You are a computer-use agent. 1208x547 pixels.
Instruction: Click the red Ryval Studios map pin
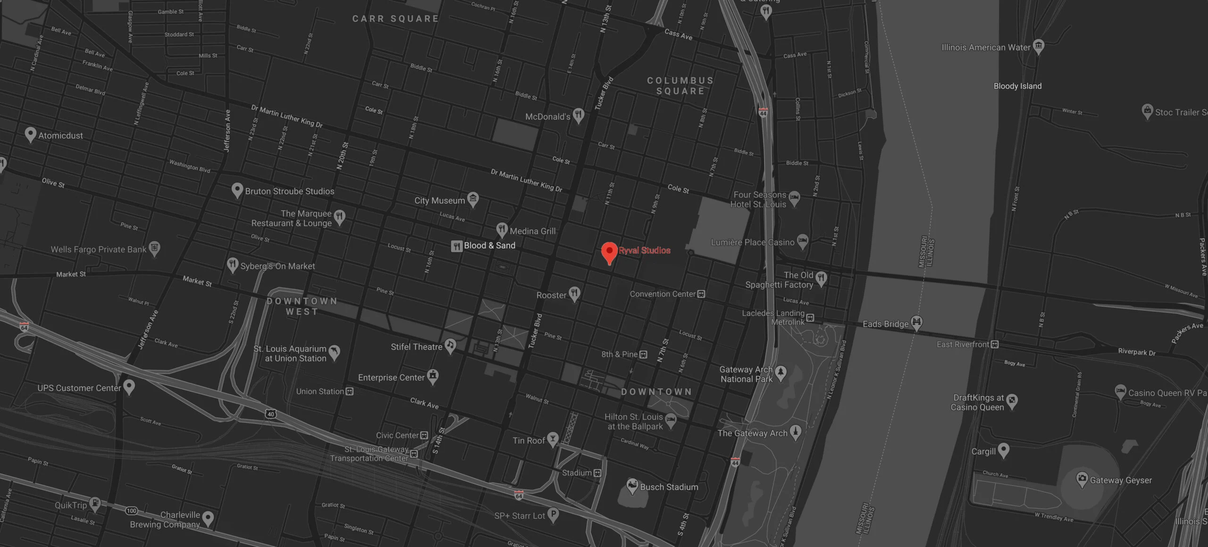click(x=609, y=251)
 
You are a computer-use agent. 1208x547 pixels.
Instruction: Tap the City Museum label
click(x=439, y=200)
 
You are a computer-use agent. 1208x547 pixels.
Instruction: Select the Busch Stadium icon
click(x=632, y=486)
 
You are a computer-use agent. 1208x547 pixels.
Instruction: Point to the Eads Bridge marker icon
click(x=916, y=323)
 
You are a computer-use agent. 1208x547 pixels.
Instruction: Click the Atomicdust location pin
click(x=30, y=134)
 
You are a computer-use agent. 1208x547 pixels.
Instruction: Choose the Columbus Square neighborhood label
click(x=680, y=86)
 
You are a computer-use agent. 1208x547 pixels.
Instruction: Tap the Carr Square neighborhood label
click(x=395, y=19)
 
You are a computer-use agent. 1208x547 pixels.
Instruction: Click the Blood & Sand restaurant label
click(x=489, y=245)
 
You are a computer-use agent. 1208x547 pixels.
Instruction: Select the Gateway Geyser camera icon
click(x=1082, y=480)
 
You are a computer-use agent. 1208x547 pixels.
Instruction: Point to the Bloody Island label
click(x=1017, y=86)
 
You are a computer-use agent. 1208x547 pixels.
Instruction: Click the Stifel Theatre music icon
click(x=451, y=346)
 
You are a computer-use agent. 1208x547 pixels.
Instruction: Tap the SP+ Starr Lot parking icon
click(x=553, y=515)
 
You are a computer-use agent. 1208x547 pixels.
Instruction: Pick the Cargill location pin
click(x=1003, y=450)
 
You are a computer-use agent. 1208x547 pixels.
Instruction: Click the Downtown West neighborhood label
click(x=302, y=306)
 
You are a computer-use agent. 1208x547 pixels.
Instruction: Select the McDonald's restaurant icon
click(x=579, y=115)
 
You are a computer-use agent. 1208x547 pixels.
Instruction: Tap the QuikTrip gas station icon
click(x=95, y=504)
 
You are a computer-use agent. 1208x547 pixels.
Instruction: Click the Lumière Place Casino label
click(x=753, y=242)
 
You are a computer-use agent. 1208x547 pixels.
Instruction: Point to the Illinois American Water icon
click(x=1038, y=46)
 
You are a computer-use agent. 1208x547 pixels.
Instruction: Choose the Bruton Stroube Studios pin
click(x=237, y=190)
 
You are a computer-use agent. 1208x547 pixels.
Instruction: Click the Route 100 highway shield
click(x=131, y=511)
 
